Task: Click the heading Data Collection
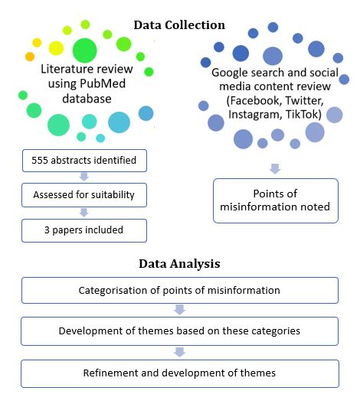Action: pos(179,25)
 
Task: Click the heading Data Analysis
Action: pos(179,264)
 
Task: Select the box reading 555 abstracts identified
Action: pos(84,161)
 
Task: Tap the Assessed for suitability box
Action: pos(84,195)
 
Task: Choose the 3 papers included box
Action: pos(84,230)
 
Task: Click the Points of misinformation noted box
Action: pos(276,200)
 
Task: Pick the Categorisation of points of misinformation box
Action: pos(180,290)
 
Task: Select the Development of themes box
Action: pos(180,331)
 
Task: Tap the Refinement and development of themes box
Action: pos(180,373)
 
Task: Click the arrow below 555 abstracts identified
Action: pos(84,177)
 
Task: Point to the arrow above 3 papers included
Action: pos(84,213)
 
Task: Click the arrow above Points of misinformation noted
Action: pos(275,169)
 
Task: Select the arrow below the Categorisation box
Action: pos(179,310)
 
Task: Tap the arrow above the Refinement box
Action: pos(179,352)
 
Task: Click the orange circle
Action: pos(30,57)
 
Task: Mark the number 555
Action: pos(40,161)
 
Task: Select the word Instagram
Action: pos(255,115)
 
